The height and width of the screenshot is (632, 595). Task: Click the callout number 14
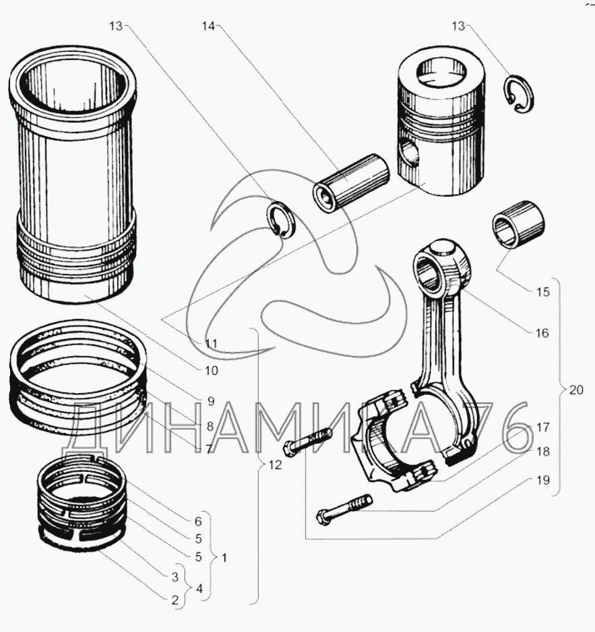tap(209, 26)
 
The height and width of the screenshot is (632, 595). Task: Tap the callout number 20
tap(575, 390)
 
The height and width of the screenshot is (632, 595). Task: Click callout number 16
tap(542, 332)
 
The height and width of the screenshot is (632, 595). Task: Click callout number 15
tap(542, 292)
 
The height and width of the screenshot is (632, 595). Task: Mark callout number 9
tap(210, 401)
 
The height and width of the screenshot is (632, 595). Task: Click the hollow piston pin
tap(350, 181)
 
